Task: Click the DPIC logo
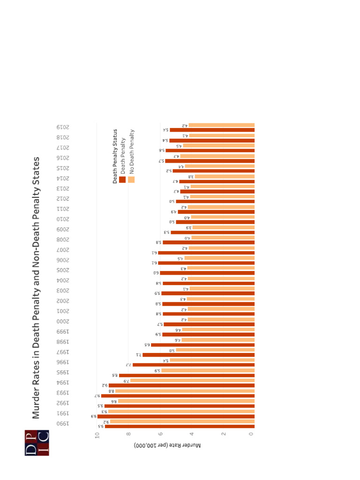[37, 442]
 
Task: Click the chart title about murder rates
[36, 287]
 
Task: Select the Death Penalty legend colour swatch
[122, 179]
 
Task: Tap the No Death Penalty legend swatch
[131, 179]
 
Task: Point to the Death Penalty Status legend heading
[115, 156]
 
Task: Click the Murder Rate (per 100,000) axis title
[167, 444]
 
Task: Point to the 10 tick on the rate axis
[97, 435]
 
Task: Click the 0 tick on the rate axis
[252, 435]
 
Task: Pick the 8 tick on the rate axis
[128, 435]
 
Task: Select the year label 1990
[63, 424]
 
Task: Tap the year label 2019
[63, 127]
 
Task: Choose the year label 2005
[63, 270]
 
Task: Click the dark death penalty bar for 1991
[176, 416]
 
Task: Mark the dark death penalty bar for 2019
[212, 130]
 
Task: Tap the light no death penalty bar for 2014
[225, 176]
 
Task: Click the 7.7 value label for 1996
[128, 365]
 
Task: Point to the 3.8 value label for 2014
[191, 177]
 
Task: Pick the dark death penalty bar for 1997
[199, 355]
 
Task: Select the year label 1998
[63, 342]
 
